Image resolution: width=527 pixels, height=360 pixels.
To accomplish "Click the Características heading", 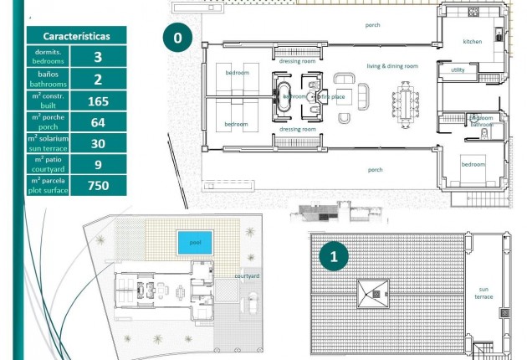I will pos(76,37).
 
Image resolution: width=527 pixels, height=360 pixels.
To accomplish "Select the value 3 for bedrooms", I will pos(98,57).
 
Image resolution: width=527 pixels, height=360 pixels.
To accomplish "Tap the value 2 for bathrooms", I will pos(98,80).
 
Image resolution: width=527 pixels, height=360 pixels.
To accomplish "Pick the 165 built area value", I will pos(98,101).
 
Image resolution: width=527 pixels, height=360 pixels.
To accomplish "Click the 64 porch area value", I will pos(98,122).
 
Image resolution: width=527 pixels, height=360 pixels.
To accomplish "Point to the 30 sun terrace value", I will pos(98,143).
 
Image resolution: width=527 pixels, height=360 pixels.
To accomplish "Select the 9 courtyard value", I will pos(98,164).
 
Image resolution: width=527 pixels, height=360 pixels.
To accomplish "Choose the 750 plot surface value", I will pos(98,185).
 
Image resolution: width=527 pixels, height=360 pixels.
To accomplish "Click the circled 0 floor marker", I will pos(177,38).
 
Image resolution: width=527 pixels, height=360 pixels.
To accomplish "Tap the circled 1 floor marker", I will pos(334,257).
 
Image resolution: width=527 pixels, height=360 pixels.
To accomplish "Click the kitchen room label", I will pos(473,41).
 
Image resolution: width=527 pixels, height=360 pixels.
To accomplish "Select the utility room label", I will pos(458,70).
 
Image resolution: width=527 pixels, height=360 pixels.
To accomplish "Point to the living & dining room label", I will pos(391,65).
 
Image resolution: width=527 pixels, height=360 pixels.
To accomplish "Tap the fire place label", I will pos(332,97).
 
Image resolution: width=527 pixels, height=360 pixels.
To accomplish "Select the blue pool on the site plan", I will pos(195,242).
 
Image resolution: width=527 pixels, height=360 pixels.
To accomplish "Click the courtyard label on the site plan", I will pos(246,275).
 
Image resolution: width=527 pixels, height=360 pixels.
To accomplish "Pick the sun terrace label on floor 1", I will pos(484,292).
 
